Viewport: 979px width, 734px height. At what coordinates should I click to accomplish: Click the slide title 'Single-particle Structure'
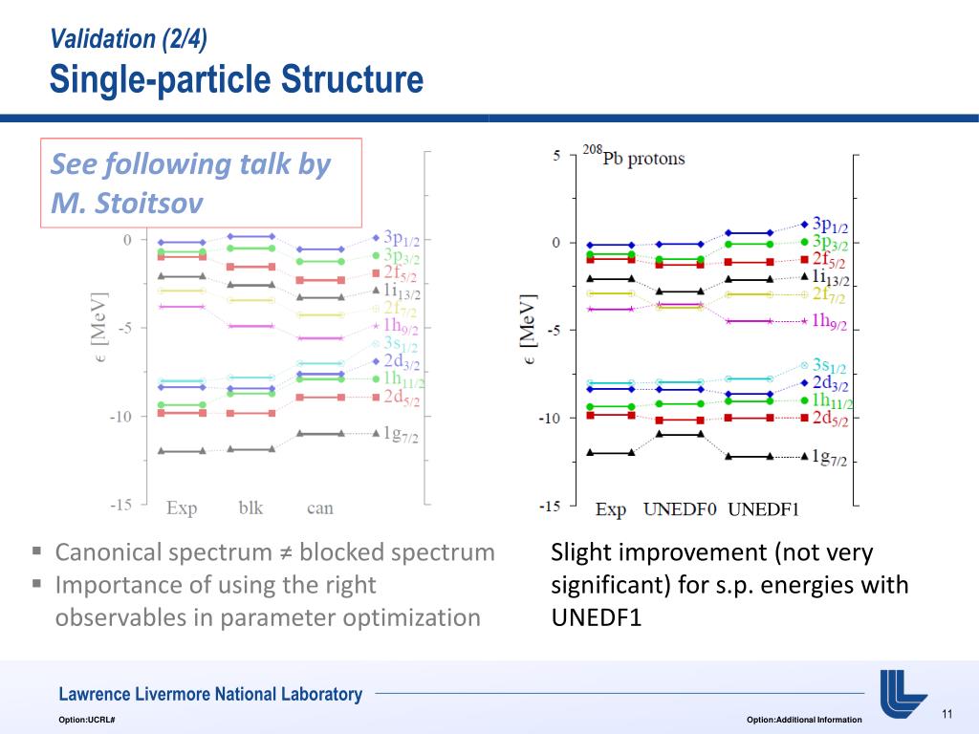pos(236,79)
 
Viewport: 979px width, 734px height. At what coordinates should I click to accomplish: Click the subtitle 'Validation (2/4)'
pos(128,38)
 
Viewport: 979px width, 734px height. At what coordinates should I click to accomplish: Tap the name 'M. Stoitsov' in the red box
pos(127,204)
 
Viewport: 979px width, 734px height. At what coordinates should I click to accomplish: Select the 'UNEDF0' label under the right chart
pos(680,508)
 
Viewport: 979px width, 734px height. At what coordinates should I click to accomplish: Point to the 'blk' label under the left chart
pos(250,507)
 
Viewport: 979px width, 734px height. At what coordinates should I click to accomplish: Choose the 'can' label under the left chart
pos(320,507)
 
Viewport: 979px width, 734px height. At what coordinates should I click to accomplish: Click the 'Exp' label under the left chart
pos(182,507)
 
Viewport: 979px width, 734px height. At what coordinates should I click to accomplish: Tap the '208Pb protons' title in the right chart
pos(634,157)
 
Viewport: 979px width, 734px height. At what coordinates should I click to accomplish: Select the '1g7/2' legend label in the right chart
pos(828,457)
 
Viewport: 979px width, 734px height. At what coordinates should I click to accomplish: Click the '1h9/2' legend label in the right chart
pos(829,321)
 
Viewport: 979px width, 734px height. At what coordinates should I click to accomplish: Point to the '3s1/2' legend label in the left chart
pos(401,343)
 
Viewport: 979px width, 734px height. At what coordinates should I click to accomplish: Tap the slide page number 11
pos(947,715)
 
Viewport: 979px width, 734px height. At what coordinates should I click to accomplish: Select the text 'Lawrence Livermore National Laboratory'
pos(210,695)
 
